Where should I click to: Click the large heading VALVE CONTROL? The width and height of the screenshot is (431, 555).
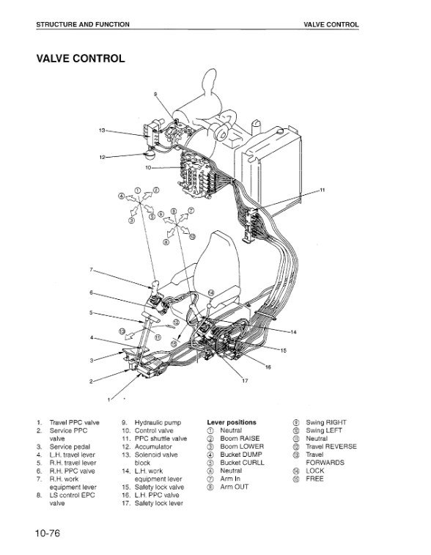[x=81, y=59]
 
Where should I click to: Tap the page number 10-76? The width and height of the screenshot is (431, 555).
[x=48, y=533]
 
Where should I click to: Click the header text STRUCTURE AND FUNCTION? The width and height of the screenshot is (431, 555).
[x=83, y=24]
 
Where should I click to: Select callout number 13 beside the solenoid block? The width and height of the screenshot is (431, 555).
[x=102, y=131]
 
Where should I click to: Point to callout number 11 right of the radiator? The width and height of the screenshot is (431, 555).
[x=323, y=190]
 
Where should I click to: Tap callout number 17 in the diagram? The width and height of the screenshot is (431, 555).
[x=245, y=381]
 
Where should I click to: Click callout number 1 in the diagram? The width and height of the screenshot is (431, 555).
[x=109, y=400]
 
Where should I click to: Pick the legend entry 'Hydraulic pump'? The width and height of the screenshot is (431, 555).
[x=158, y=422]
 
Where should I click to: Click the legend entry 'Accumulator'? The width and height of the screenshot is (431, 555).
[x=153, y=446]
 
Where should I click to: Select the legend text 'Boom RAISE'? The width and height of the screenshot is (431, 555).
[x=240, y=438]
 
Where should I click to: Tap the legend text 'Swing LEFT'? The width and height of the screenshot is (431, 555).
[x=324, y=430]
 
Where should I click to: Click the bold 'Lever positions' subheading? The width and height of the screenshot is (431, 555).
[x=232, y=422]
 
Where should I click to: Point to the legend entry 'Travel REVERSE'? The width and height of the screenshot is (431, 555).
[x=331, y=446]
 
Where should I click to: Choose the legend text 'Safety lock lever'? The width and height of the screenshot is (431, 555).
[x=159, y=504]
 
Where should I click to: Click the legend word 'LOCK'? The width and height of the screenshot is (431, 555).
[x=315, y=471]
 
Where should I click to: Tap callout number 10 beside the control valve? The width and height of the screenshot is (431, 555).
[x=148, y=167]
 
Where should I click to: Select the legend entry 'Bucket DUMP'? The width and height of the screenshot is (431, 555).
[x=241, y=455]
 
